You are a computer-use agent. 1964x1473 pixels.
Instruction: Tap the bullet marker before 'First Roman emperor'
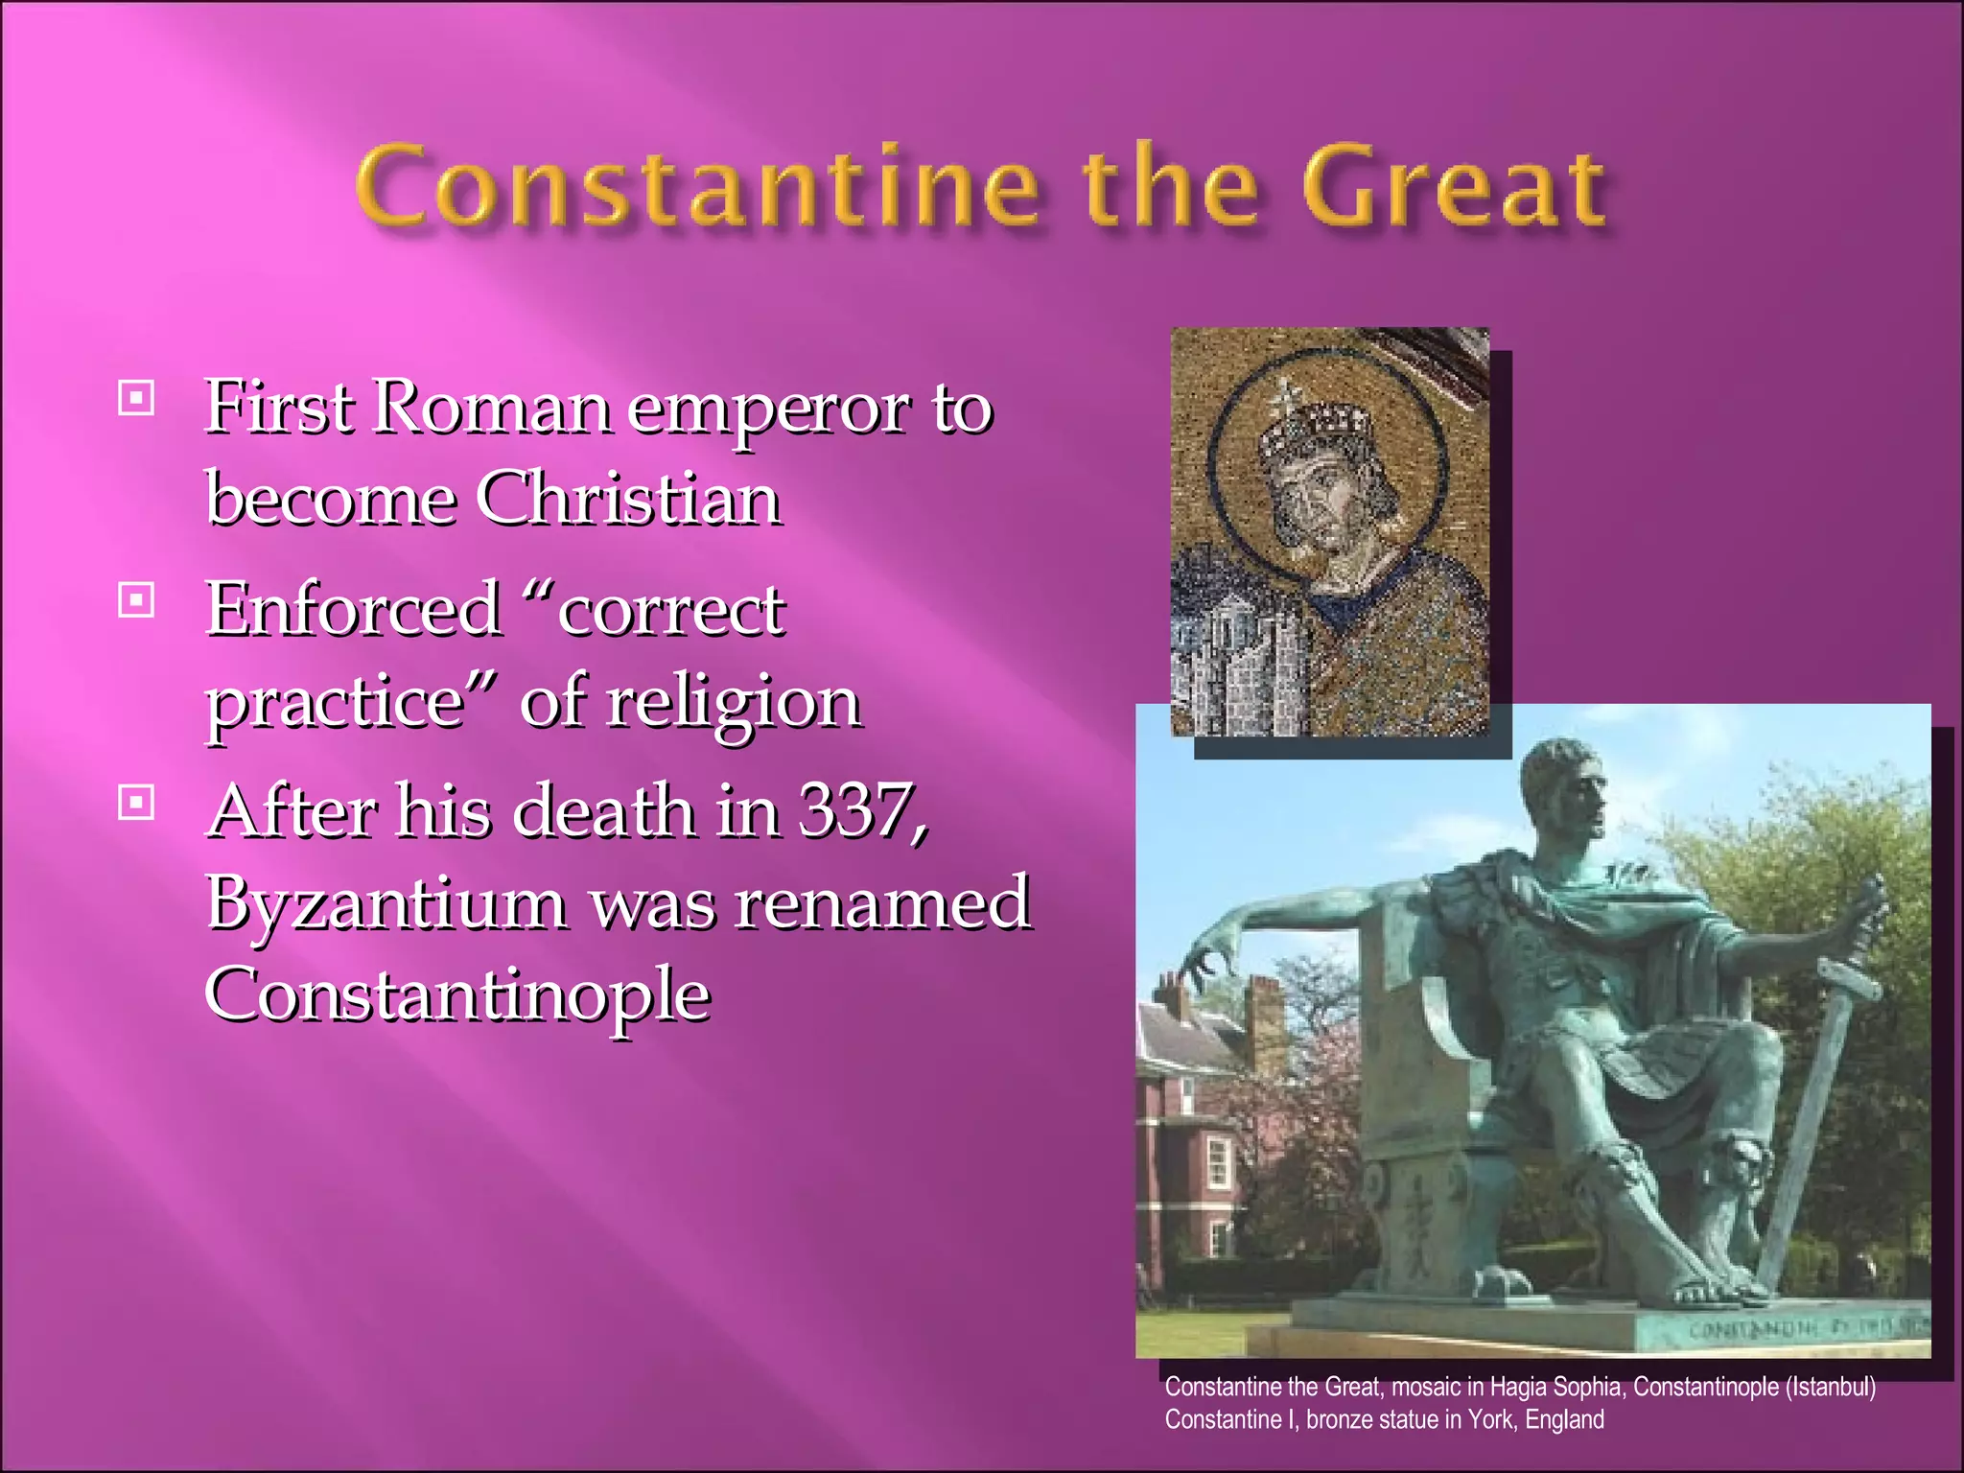click(136, 397)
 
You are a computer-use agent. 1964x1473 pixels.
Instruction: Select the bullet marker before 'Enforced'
click(136, 601)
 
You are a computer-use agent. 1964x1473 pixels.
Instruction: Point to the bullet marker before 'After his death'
click(136, 803)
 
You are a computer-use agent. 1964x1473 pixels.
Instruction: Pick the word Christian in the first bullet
click(629, 500)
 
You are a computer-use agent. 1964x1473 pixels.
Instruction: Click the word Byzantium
click(386, 903)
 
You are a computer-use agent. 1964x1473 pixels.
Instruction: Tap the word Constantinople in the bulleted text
click(457, 994)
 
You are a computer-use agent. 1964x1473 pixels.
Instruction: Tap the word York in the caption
click(1491, 1419)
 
